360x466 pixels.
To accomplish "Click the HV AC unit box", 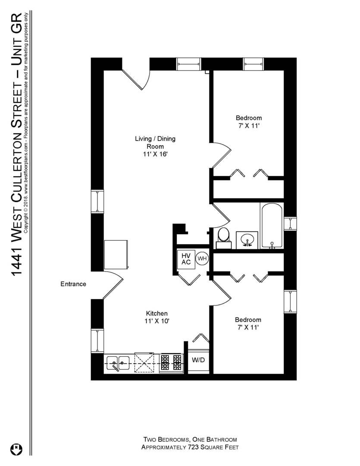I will click(x=186, y=259).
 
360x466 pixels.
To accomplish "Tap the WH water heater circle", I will click(x=201, y=259).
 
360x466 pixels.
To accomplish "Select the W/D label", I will click(x=198, y=359).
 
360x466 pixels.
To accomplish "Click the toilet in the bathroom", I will click(x=223, y=237).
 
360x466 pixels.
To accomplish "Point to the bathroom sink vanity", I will click(x=247, y=239).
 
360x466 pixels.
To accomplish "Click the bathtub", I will click(x=272, y=226).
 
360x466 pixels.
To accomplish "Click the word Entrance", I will click(x=73, y=284).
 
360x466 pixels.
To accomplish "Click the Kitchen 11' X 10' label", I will click(x=157, y=317).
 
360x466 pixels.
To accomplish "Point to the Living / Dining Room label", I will click(x=155, y=146).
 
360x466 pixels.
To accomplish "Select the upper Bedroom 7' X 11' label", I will click(x=248, y=122).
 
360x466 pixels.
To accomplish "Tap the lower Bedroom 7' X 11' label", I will click(x=248, y=324).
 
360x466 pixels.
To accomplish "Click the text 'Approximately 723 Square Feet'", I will click(x=190, y=447).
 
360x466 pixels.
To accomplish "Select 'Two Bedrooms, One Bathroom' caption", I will click(x=190, y=440).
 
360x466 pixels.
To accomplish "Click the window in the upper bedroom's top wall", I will click(x=254, y=64).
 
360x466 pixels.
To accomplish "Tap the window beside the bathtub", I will click(x=290, y=223).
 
